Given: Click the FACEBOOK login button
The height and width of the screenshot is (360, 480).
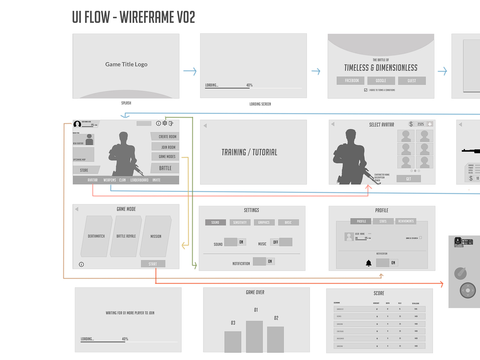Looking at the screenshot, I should click(350, 81).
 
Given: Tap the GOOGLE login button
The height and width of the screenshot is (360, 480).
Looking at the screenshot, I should click(381, 81).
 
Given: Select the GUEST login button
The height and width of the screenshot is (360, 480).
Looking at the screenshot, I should click(412, 81).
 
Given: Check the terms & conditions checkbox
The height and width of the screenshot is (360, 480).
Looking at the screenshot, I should click(366, 90).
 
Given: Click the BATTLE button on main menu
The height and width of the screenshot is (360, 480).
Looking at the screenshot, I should click(165, 168).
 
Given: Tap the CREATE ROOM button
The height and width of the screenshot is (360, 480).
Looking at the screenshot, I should click(166, 136).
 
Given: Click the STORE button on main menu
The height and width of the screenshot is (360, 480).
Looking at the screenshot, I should click(85, 170).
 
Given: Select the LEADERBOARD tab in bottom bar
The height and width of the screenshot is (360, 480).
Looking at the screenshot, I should click(139, 180).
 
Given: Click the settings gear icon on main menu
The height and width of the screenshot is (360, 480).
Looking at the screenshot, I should click(165, 123).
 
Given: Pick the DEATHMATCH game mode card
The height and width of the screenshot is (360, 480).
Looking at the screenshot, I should click(96, 236).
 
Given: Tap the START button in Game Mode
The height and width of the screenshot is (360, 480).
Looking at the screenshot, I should click(153, 264).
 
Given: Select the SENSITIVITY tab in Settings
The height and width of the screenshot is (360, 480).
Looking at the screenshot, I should click(240, 223).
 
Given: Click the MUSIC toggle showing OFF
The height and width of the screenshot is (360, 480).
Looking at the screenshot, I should click(281, 242).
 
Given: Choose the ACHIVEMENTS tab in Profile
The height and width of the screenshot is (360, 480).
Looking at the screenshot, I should click(406, 221).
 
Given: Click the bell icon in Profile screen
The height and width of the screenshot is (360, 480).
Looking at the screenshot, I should click(369, 263).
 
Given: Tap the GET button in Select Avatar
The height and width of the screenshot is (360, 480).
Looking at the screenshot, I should click(409, 179).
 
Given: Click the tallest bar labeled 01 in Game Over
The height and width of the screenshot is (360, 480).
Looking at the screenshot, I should click(254, 336).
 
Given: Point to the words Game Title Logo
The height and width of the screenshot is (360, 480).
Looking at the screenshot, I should click(126, 64).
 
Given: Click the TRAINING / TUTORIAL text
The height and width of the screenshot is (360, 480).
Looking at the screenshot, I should click(249, 152).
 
